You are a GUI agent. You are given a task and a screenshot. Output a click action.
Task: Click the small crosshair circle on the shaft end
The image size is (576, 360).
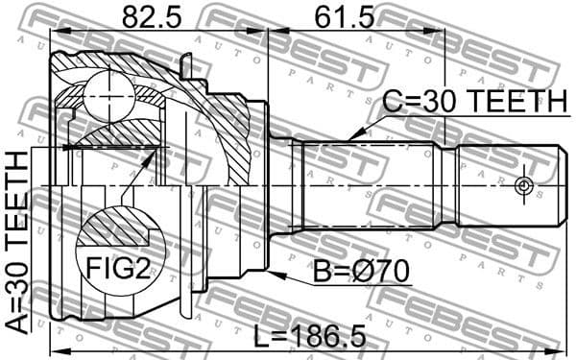(x=523, y=184)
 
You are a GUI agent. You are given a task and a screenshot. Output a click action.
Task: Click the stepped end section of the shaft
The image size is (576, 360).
(x=509, y=184)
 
